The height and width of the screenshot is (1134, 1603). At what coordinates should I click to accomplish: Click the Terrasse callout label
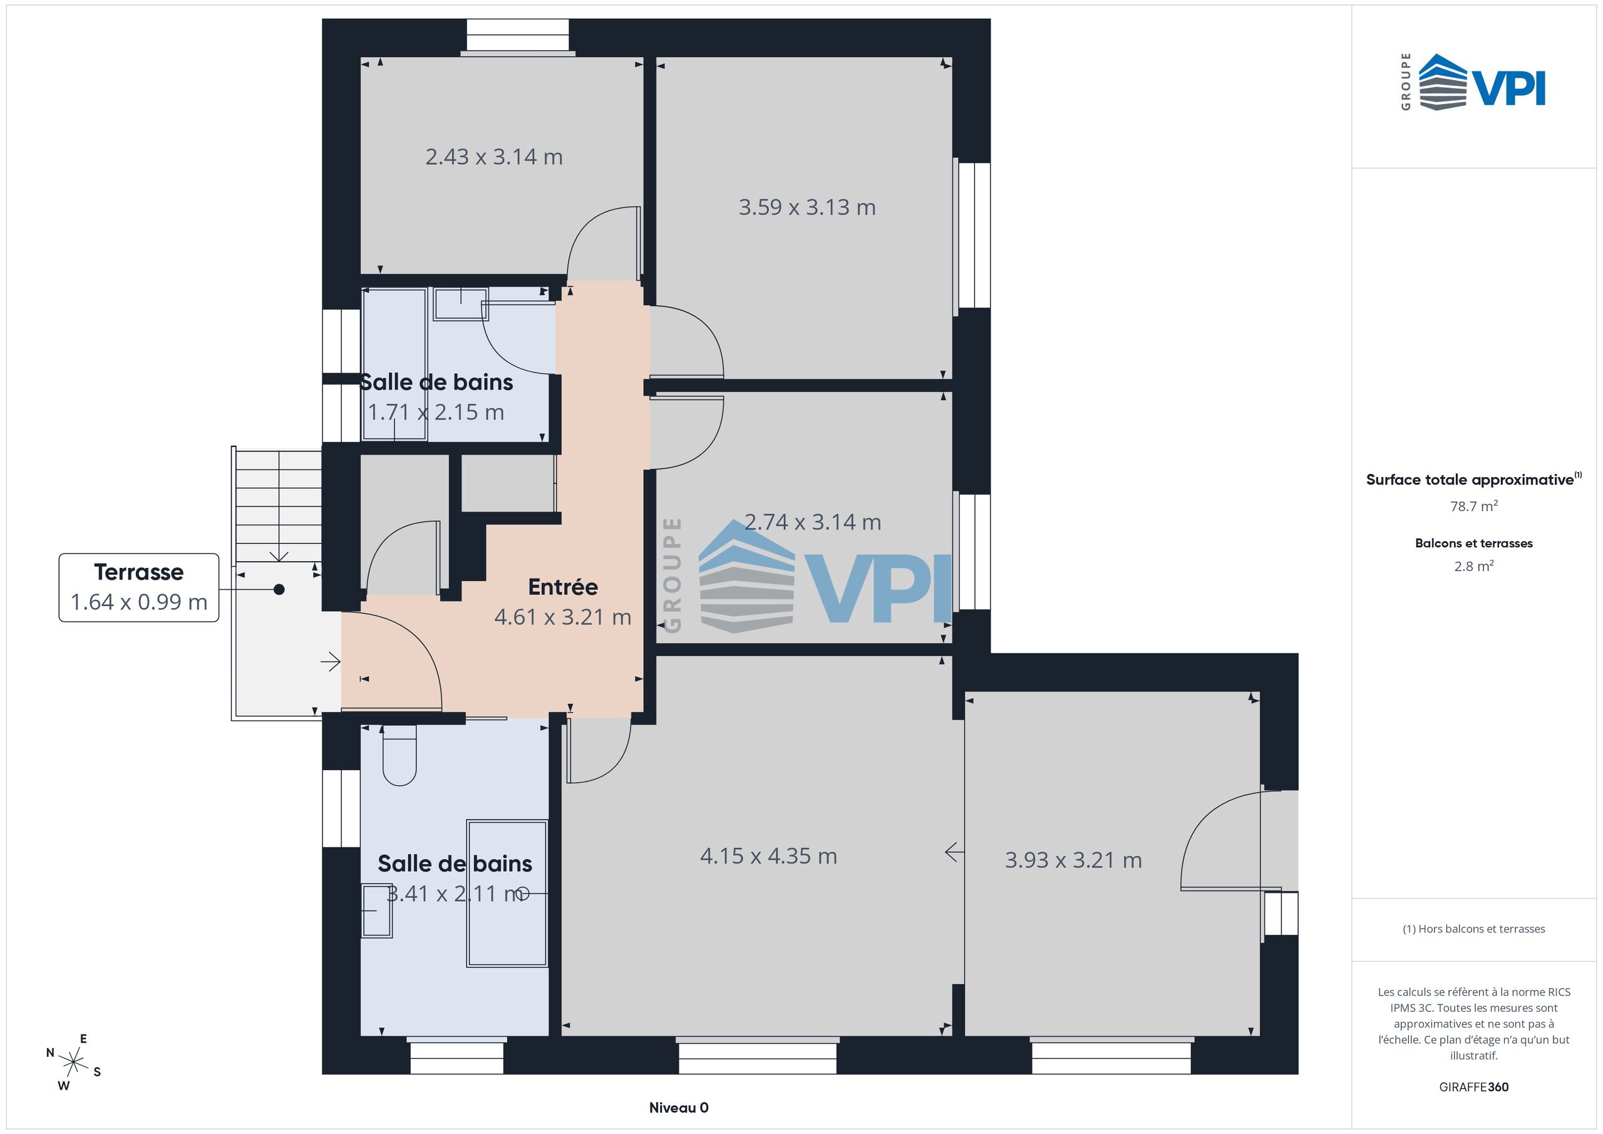[x=139, y=587]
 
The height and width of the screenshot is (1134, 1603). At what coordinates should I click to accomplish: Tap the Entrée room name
[x=563, y=587]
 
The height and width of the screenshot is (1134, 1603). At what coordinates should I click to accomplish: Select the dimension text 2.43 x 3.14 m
[x=494, y=157]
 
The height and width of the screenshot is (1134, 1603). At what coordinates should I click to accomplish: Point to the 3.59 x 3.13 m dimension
[x=807, y=207]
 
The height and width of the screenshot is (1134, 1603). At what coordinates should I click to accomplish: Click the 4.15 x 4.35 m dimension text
[x=769, y=856]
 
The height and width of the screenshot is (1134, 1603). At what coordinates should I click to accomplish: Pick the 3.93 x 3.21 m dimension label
[x=1074, y=860]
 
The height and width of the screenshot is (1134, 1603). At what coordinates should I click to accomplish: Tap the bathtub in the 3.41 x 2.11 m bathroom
[x=507, y=894]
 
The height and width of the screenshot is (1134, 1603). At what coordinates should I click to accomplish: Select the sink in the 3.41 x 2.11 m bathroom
[x=377, y=910]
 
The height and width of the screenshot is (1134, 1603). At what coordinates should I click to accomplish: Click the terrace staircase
[x=279, y=506]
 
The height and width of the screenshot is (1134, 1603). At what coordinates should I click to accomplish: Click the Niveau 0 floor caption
[x=679, y=1108]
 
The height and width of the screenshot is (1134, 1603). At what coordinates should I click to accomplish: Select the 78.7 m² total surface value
[x=1474, y=506]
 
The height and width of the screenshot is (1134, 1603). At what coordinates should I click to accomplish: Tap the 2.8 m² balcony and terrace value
[x=1474, y=566]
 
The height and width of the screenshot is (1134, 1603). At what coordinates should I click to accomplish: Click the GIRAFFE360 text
[x=1474, y=1087]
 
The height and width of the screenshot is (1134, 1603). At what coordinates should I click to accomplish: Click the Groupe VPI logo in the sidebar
[x=1473, y=81]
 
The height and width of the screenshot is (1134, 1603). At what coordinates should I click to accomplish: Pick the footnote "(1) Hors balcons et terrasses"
[x=1474, y=929]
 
